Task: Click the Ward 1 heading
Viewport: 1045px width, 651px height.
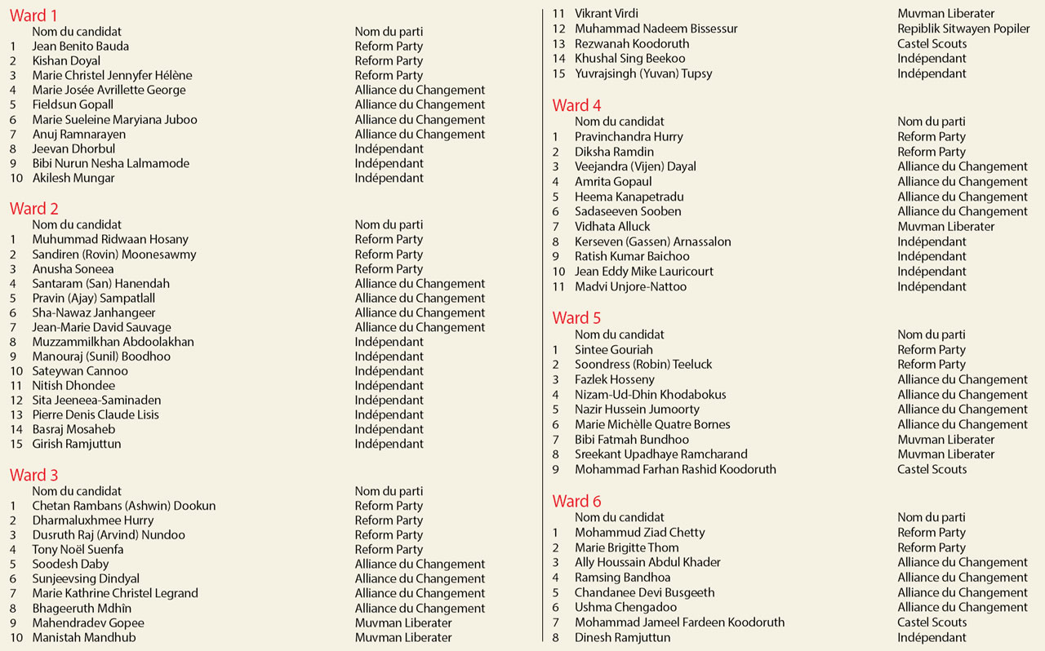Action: click(33, 15)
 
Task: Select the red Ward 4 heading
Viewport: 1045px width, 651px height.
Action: click(576, 105)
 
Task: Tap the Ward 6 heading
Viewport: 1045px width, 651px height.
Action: click(576, 501)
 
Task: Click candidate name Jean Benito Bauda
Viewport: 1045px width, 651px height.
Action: click(80, 46)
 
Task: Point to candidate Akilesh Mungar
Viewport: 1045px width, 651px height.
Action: click(73, 178)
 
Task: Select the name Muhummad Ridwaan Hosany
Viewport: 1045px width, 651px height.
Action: click(110, 239)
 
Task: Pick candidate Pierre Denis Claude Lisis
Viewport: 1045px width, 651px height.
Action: click(96, 414)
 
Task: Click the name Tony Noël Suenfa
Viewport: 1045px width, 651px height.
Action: click(78, 549)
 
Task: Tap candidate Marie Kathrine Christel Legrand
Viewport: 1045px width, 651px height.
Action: click(115, 593)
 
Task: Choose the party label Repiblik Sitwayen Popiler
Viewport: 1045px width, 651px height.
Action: click(963, 29)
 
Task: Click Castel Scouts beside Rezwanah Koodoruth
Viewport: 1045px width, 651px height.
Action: click(932, 43)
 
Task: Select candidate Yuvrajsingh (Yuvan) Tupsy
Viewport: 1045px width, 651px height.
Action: click(643, 73)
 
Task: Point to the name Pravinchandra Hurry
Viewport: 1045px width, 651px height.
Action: click(629, 136)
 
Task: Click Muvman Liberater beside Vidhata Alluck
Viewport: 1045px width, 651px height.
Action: click(945, 226)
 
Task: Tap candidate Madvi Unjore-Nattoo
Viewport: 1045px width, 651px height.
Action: click(630, 286)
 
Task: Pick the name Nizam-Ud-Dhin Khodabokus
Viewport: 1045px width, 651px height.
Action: click(650, 394)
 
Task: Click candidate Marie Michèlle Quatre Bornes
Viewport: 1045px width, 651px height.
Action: click(652, 424)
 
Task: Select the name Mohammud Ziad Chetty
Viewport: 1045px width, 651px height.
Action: click(639, 532)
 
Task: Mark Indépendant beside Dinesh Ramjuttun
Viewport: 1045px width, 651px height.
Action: click(932, 637)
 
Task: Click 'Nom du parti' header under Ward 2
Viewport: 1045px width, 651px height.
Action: click(389, 224)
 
